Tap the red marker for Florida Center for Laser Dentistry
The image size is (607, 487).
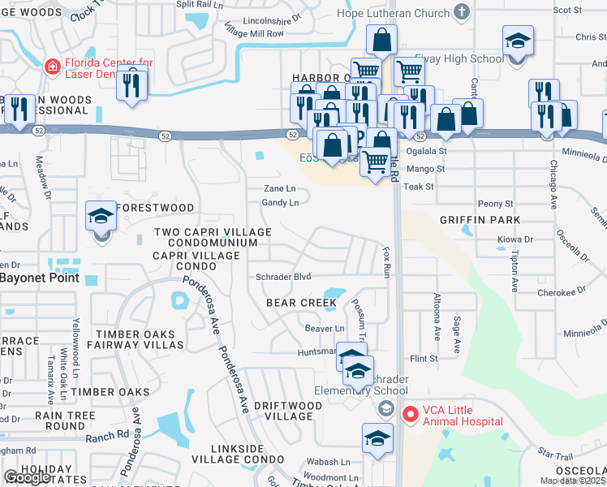tap(52, 67)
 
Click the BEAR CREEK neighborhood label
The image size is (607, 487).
tap(301, 303)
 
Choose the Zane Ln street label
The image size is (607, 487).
tap(278, 188)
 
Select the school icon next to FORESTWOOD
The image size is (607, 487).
tap(101, 218)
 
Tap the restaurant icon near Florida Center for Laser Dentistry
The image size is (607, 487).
tap(130, 84)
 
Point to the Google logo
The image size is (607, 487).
tap(27, 477)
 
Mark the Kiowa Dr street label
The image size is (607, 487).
tap(515, 239)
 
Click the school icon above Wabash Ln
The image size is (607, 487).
tap(377, 439)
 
